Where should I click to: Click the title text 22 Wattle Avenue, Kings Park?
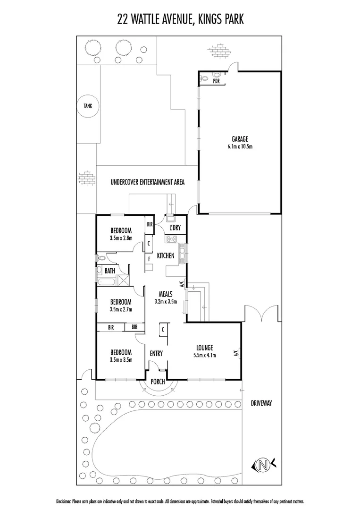(180, 19)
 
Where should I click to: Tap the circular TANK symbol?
(88, 106)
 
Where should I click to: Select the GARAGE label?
(239, 139)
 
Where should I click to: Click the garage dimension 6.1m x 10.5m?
(239, 146)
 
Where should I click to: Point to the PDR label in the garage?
(217, 81)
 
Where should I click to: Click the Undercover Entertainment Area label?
(147, 182)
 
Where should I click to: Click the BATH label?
(109, 271)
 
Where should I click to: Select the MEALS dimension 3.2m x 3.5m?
(165, 301)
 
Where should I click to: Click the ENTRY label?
(156, 353)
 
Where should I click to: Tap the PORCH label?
(158, 381)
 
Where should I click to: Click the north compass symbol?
(261, 466)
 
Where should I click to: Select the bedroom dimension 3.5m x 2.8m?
(120, 238)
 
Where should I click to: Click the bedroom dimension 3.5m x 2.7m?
(120, 309)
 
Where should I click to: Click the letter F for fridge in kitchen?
(149, 259)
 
